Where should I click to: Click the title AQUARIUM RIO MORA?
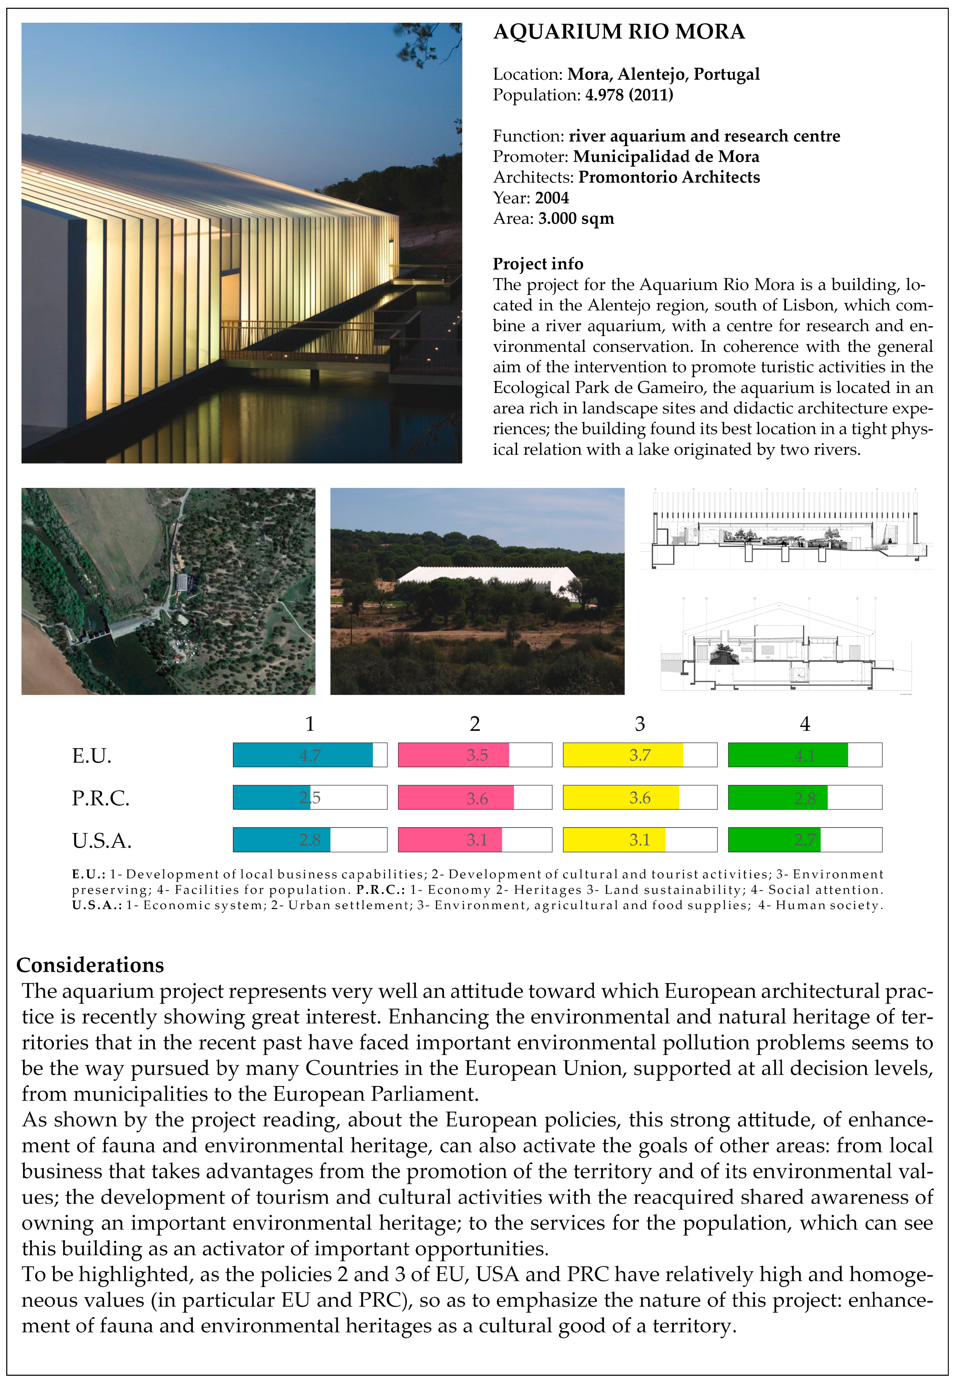[619, 32]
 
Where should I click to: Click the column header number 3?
[640, 723]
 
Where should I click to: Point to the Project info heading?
[538, 264]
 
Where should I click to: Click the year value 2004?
[552, 198]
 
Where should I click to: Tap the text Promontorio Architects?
[669, 177]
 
